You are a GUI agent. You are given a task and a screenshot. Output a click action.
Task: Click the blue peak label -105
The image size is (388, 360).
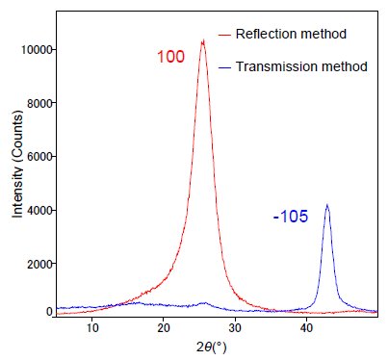(290, 217)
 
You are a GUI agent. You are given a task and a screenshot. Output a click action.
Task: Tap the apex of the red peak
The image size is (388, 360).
(202, 41)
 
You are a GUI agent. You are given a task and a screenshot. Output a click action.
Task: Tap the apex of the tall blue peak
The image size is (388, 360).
(327, 205)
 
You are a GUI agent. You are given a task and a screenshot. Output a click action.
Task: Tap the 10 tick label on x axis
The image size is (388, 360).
(92, 328)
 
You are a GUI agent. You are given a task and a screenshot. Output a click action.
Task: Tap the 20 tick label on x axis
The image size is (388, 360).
(164, 328)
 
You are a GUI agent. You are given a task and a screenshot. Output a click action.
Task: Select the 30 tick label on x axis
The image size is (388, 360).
(235, 328)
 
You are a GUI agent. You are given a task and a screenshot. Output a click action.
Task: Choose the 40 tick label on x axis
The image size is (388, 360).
(306, 328)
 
